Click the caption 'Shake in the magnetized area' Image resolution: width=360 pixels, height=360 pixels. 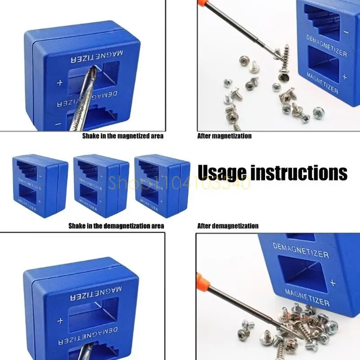pos(122,135)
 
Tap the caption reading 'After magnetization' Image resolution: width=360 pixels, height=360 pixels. pos(225,135)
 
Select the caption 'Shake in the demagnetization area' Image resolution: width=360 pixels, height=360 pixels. pos(116,226)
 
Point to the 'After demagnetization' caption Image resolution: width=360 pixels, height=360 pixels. pos(228,226)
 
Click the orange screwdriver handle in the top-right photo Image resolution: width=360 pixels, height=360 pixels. pos(205,6)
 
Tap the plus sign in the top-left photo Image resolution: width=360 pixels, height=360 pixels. pos(59,83)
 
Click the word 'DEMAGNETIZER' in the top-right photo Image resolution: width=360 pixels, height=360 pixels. pos(327,46)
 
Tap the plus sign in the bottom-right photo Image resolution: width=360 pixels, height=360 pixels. pos(333,283)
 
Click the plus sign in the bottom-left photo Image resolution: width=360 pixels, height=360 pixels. pos(59,321)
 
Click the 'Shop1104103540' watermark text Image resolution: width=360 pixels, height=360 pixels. pos(180,183)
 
